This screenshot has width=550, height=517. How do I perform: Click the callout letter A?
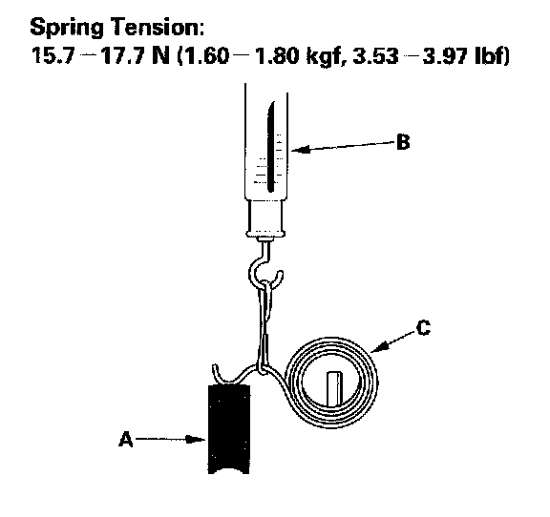click(126, 439)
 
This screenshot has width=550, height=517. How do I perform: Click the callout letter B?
click(403, 142)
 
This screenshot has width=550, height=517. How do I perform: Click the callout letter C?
click(423, 328)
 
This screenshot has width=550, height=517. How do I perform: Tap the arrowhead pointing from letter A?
click(196, 439)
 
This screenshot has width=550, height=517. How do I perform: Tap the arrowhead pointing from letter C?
click(380, 346)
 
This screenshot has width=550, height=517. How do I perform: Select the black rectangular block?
click(229, 429)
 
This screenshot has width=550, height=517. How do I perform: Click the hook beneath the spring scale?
click(264, 267)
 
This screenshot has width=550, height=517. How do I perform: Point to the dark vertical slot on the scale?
click(271, 147)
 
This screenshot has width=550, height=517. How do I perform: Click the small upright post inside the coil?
click(334, 389)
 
